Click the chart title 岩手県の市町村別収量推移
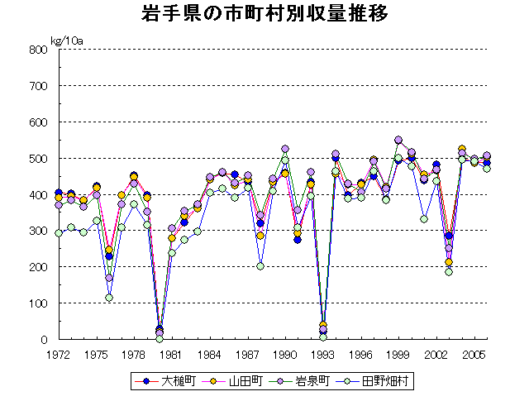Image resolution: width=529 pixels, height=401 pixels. tap(264, 16)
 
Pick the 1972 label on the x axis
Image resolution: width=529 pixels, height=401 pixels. tap(58, 353)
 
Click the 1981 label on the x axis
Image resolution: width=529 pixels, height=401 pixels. tap(171, 353)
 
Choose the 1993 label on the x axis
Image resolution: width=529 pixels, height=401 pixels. tap(323, 353)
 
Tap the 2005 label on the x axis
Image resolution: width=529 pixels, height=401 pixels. tap(474, 353)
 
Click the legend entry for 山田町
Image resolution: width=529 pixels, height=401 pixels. tap(241, 381)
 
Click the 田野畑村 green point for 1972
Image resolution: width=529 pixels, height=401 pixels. tap(58, 233)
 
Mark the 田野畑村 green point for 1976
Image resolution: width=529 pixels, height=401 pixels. tap(109, 298)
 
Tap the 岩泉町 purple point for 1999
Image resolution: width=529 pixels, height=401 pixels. tap(398, 140)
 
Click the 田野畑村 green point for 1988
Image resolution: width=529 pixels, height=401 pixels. tap(260, 266)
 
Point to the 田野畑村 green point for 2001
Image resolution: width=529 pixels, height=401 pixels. tap(424, 219)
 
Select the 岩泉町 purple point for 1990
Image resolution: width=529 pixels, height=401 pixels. tap(285, 149)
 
